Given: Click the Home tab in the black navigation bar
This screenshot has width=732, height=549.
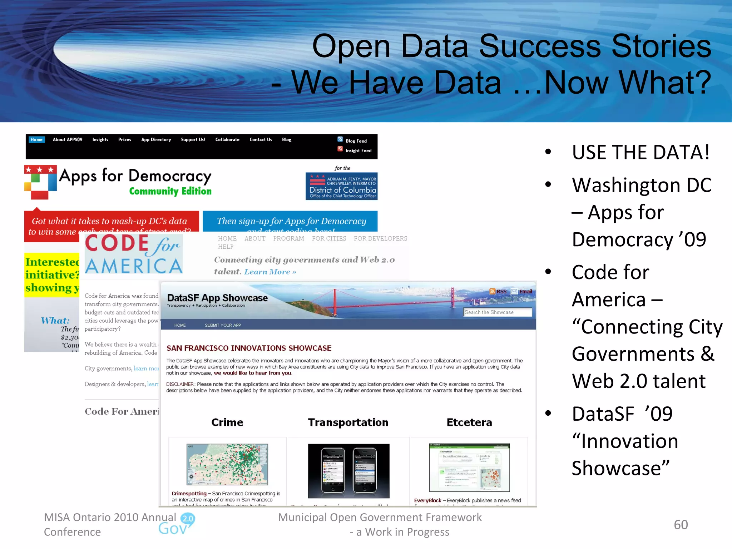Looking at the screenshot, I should pos(36,140).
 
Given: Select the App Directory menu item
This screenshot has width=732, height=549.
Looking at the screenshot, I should pos(156,140).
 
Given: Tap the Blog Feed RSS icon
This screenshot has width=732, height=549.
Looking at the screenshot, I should pos(340,140).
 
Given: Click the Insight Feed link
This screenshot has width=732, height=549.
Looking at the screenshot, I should pos(358,151).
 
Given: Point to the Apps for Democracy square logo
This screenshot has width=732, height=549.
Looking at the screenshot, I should pos(40,182).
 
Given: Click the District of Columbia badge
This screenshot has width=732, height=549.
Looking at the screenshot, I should pos(341,186).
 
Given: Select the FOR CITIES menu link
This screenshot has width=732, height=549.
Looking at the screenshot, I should pos(329,238).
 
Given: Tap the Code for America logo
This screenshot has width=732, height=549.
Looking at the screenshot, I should pos(134,254).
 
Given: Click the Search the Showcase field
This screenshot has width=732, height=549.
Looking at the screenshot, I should pos(497,312).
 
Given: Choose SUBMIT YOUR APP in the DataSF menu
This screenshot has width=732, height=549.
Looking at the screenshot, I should pos(223,325).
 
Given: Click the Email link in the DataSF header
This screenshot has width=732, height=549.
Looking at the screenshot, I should pos(525,292).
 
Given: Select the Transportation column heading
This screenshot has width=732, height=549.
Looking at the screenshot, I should pos(348,422).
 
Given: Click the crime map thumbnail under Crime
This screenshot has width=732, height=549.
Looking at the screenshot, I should pos(227,464).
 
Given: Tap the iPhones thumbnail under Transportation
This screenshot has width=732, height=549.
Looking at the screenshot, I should pos(348,471).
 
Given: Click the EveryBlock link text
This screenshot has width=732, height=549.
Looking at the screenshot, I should pos(427,500).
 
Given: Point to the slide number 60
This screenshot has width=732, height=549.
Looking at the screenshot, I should pos(681,525).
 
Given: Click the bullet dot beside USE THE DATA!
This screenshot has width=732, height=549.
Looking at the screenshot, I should pos(548,152).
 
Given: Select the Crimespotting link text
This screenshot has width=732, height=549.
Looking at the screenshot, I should pos(189,494).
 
